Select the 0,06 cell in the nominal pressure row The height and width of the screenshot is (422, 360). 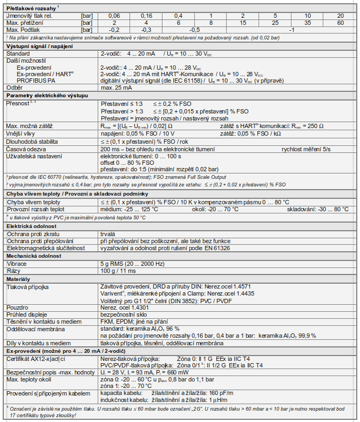pos(115,16)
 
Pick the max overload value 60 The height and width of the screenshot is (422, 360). pos(340,23)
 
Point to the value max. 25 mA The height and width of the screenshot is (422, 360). pos(117,86)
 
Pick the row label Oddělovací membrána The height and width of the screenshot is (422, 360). pos(36,327)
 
